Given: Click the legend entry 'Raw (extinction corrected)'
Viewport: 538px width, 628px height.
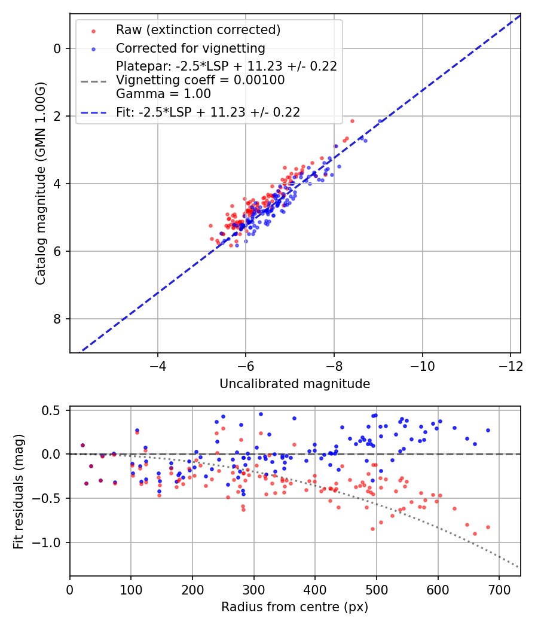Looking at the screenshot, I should [x=198, y=29].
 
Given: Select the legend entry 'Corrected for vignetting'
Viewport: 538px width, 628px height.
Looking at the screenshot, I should [x=190, y=48].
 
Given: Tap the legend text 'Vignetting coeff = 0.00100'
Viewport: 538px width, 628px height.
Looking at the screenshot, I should [x=200, y=80].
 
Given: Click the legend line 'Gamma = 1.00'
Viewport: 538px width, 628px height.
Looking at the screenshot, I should [x=163, y=93].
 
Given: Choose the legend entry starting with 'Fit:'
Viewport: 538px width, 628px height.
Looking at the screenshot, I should [x=208, y=112].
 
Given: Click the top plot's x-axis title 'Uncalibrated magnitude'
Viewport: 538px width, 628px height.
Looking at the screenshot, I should [x=295, y=384].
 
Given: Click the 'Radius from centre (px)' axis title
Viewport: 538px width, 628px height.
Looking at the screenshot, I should [x=295, y=607].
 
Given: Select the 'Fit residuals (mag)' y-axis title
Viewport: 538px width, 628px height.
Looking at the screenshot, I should [x=19, y=491].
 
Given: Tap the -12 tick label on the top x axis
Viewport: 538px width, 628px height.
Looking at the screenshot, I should [x=510, y=365].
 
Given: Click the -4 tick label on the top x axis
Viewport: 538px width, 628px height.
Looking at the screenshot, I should [x=158, y=365].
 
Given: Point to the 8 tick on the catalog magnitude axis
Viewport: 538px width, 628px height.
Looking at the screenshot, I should [x=58, y=319].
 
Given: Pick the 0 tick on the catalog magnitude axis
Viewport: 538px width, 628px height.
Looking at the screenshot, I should [x=58, y=48].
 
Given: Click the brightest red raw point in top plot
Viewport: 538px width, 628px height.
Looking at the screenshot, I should [x=352, y=121].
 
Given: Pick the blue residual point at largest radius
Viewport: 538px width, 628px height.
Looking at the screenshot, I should [x=488, y=430].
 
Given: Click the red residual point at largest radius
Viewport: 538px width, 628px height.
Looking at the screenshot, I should [x=488, y=527].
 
